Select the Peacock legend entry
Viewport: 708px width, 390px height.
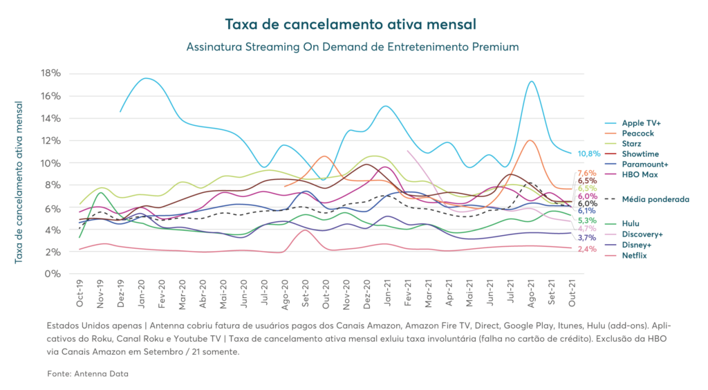point(637,132)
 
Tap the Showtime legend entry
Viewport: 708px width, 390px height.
point(640,153)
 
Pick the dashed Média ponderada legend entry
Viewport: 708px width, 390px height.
point(653,198)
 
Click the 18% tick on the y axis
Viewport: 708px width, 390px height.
point(53,73)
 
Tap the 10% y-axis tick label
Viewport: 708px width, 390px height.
point(53,163)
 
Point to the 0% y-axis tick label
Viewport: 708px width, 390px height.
point(55,274)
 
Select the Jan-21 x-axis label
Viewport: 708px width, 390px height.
point(388,294)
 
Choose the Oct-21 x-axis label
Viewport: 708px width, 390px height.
point(572,294)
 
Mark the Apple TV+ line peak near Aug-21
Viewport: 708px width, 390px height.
point(531,82)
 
